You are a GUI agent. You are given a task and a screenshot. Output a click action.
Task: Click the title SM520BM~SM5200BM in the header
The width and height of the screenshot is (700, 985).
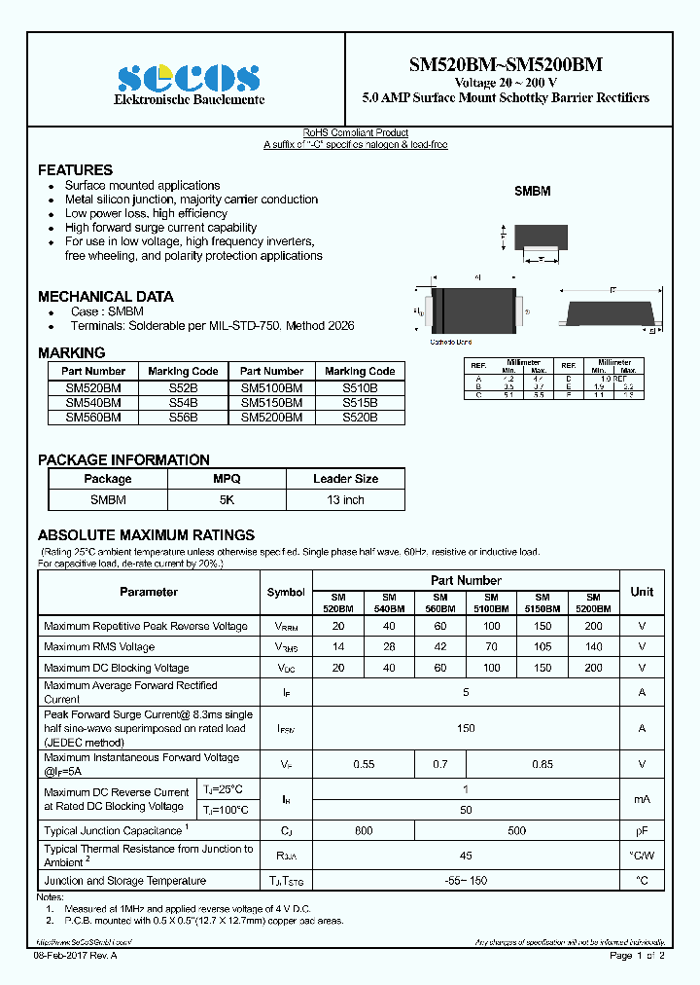505,65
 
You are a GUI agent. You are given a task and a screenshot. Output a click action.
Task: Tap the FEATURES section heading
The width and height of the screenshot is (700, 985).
75,169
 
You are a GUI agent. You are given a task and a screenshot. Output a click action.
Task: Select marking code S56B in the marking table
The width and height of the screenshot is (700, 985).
183,417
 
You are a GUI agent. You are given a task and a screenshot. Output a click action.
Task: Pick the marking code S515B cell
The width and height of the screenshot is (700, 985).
360,402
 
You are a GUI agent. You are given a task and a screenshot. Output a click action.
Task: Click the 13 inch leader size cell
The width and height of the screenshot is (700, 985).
345,499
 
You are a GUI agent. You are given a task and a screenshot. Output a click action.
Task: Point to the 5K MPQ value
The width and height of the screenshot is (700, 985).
227,499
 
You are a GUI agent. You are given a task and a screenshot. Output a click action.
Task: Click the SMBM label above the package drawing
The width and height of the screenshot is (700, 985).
532,192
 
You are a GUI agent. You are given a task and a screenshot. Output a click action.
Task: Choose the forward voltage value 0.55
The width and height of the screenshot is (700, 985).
364,765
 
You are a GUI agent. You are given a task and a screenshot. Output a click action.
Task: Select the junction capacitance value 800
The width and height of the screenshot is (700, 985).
364,830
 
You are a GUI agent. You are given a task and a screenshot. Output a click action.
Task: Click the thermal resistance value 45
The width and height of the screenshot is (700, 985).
466,857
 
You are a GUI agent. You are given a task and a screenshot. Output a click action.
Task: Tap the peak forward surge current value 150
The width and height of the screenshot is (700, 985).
466,728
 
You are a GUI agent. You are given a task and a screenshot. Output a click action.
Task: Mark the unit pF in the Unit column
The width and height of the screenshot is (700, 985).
642,830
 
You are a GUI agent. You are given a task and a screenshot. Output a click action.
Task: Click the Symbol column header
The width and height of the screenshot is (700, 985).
286,592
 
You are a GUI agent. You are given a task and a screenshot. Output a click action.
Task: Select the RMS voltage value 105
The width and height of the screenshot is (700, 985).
542,646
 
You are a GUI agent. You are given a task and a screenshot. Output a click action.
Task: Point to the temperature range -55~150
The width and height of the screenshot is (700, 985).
466,881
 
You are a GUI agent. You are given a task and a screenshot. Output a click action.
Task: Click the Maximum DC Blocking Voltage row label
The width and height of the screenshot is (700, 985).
117,668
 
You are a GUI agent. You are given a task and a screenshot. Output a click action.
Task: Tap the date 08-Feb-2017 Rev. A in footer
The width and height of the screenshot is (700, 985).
75,956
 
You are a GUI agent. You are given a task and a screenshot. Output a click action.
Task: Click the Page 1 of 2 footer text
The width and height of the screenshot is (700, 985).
637,956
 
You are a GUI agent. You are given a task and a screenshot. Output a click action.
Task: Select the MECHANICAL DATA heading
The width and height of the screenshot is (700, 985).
106,296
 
